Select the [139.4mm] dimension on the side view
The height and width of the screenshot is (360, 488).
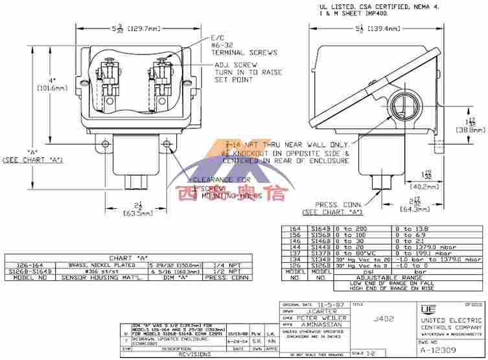386,29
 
